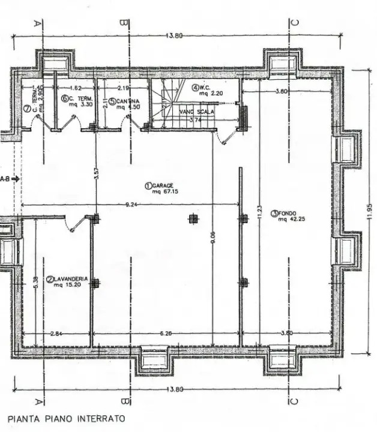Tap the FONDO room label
291,213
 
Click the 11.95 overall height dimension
368,210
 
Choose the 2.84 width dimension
57,334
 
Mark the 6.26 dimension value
167,334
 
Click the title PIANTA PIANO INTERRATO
67,418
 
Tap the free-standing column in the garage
192,218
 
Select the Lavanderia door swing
75,225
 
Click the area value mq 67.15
163,191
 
